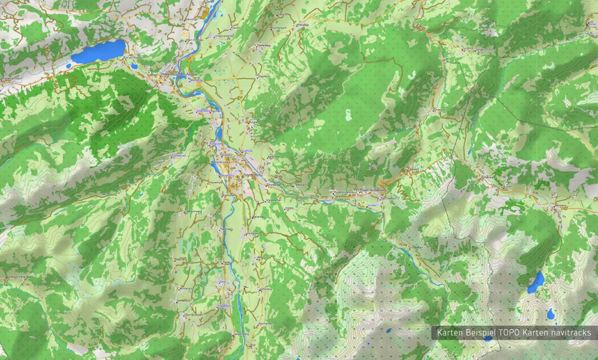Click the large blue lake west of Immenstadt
[x=98, y=51]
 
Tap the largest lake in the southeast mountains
[x=536, y=282]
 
